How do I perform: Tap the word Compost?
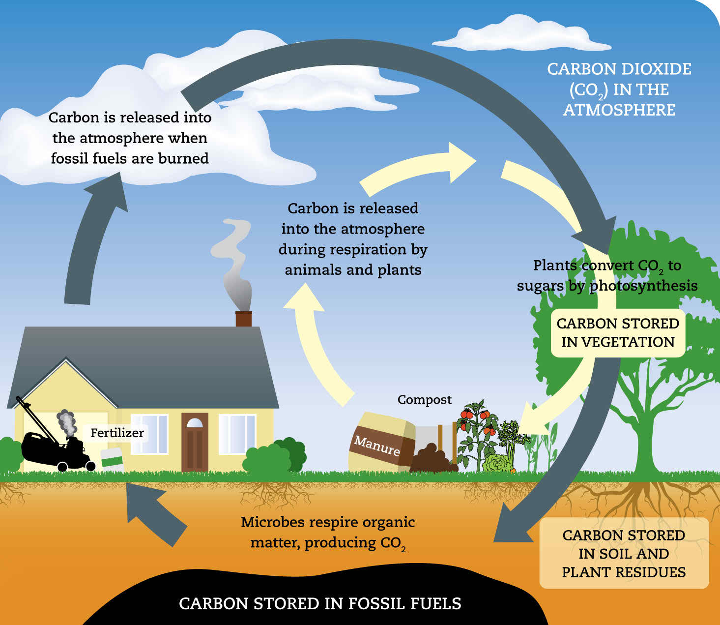point(425,400)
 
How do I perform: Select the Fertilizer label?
point(117,433)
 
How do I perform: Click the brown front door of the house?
point(195,442)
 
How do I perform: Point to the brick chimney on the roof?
point(243,319)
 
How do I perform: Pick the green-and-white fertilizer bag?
point(112,459)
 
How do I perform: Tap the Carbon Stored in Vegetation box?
point(618,333)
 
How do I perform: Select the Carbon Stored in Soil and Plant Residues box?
point(624,554)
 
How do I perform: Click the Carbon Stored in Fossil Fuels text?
point(320,603)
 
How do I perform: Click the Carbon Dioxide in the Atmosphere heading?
point(619,89)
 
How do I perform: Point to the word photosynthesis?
point(644,286)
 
